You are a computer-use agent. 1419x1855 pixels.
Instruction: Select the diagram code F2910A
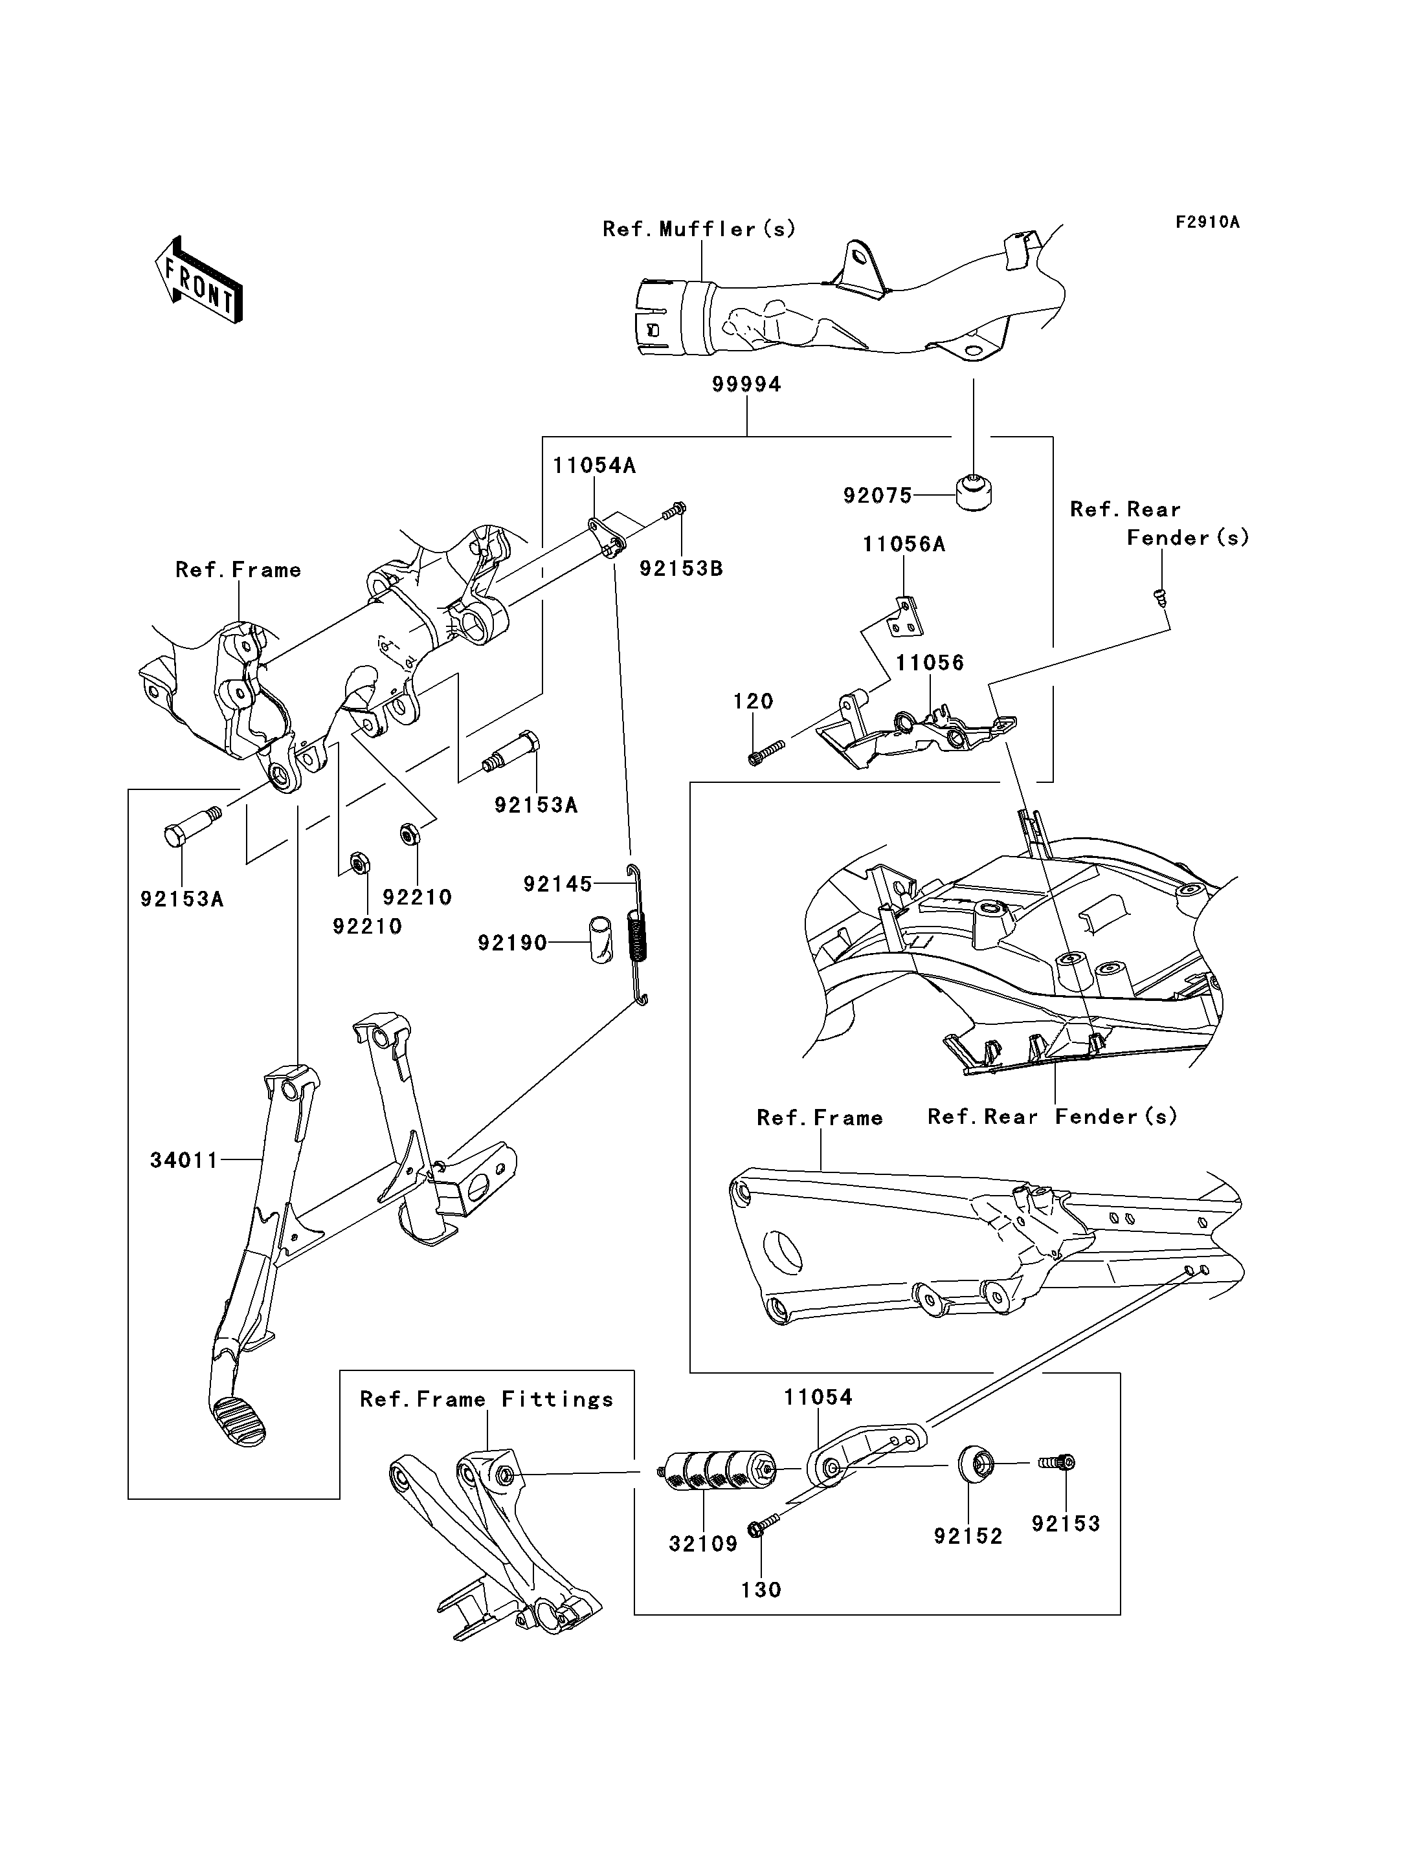coord(1207,222)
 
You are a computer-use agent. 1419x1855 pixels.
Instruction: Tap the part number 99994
coord(746,384)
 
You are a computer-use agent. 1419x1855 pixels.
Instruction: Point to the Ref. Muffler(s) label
coord(698,229)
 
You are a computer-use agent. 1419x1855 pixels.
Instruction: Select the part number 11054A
coord(594,465)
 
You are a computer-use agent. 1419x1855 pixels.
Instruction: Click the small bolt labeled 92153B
coord(676,510)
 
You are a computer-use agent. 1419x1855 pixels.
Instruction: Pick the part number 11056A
coord(903,545)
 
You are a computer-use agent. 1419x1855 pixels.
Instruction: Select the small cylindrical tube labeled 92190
coord(601,939)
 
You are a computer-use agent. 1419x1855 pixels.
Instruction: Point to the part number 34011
coord(184,1161)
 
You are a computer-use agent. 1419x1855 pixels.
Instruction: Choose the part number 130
coord(760,1590)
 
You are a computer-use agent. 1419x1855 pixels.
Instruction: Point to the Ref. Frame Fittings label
coord(487,1400)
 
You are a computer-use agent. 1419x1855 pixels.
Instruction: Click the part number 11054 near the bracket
coord(818,1398)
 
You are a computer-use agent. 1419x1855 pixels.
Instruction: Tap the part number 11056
coord(929,663)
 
